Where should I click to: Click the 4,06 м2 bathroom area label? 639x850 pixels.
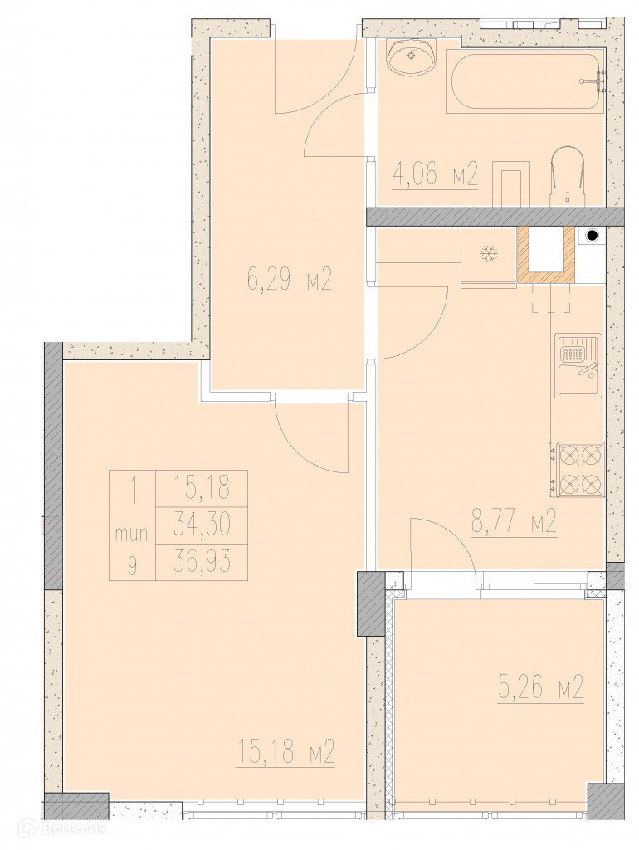[434, 176]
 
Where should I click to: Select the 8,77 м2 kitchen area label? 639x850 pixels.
[514, 525]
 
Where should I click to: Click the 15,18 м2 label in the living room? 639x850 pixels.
[285, 753]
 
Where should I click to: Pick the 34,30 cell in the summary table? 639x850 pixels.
[202, 525]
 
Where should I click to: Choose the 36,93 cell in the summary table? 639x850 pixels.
[202, 561]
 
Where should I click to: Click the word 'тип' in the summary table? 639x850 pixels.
[132, 535]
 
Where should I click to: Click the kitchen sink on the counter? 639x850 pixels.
[578, 365]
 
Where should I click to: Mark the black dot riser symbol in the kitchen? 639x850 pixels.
[593, 236]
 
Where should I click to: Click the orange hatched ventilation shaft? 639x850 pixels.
[545, 254]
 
